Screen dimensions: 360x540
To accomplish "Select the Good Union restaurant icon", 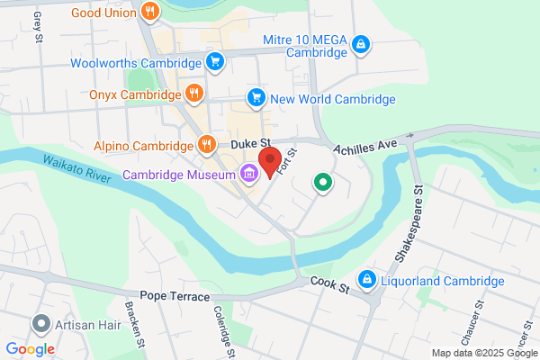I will pyautogui.click(x=150, y=13).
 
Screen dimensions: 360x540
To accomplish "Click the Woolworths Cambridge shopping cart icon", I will pyautogui.click(x=214, y=62).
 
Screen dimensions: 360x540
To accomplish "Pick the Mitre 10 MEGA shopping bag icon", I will pyautogui.click(x=360, y=44).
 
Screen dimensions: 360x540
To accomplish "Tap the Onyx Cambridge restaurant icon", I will pyautogui.click(x=194, y=93).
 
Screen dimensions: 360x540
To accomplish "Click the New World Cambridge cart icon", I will pyautogui.click(x=256, y=98).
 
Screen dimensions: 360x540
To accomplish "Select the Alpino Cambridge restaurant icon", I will pyautogui.click(x=207, y=144).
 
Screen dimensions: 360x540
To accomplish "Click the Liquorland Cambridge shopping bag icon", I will pyautogui.click(x=366, y=281).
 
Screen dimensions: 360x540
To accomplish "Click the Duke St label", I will pyautogui.click(x=250, y=142).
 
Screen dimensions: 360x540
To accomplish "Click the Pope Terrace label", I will pyautogui.click(x=175, y=296).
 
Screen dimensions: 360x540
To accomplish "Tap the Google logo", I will pyautogui.click(x=30, y=348).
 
